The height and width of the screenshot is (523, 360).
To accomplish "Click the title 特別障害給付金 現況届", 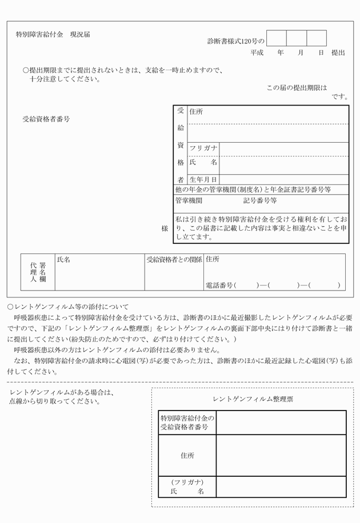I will (53, 34).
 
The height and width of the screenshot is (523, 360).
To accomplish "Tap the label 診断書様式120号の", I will (235, 41).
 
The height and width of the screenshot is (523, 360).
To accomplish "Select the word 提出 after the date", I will (338, 53).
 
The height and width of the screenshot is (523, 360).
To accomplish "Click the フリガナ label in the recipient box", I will (203, 148).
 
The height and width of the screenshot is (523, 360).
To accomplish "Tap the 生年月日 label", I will (203, 179).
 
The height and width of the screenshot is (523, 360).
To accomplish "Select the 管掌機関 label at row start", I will (189, 200).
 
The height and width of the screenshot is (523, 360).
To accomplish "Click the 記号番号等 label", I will (260, 200).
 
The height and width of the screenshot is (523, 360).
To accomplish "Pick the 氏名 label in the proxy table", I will (63, 259).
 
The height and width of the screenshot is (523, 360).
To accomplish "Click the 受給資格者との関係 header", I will (174, 259).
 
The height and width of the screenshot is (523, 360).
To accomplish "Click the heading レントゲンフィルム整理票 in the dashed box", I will (253, 399).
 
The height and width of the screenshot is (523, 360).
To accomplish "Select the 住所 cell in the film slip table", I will (187, 455).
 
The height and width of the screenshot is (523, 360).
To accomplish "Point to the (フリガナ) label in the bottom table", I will (187, 482).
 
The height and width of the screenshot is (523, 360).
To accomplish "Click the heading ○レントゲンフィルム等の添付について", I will (67, 306).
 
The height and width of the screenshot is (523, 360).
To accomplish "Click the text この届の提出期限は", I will (297, 88).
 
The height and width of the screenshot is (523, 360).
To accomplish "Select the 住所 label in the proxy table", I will (212, 259).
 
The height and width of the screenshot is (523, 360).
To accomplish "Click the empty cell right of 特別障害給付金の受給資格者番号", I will (281, 423).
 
